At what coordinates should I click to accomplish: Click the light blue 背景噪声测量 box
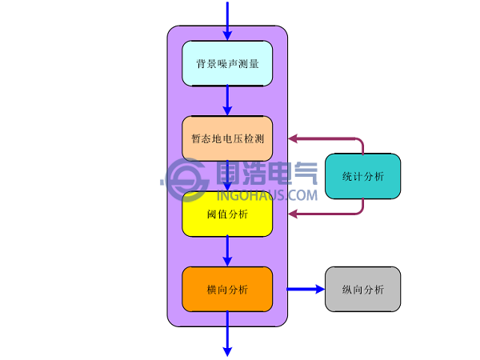(x=227, y=63)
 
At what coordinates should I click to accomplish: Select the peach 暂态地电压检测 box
(x=227, y=138)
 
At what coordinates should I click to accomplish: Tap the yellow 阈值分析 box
(x=227, y=214)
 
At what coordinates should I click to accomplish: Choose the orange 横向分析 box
(x=227, y=289)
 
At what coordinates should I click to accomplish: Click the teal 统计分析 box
(x=362, y=176)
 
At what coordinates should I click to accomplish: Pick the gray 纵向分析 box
(x=362, y=289)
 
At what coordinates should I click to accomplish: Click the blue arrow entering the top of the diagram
(x=227, y=20)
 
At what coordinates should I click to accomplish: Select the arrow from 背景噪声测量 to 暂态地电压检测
(x=227, y=101)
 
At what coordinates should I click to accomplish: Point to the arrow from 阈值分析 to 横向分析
(x=227, y=251)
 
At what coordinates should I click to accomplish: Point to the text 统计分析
(x=362, y=177)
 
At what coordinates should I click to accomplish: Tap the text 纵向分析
(x=362, y=290)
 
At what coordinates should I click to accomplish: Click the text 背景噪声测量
(x=227, y=64)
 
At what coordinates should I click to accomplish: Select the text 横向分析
(x=227, y=290)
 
